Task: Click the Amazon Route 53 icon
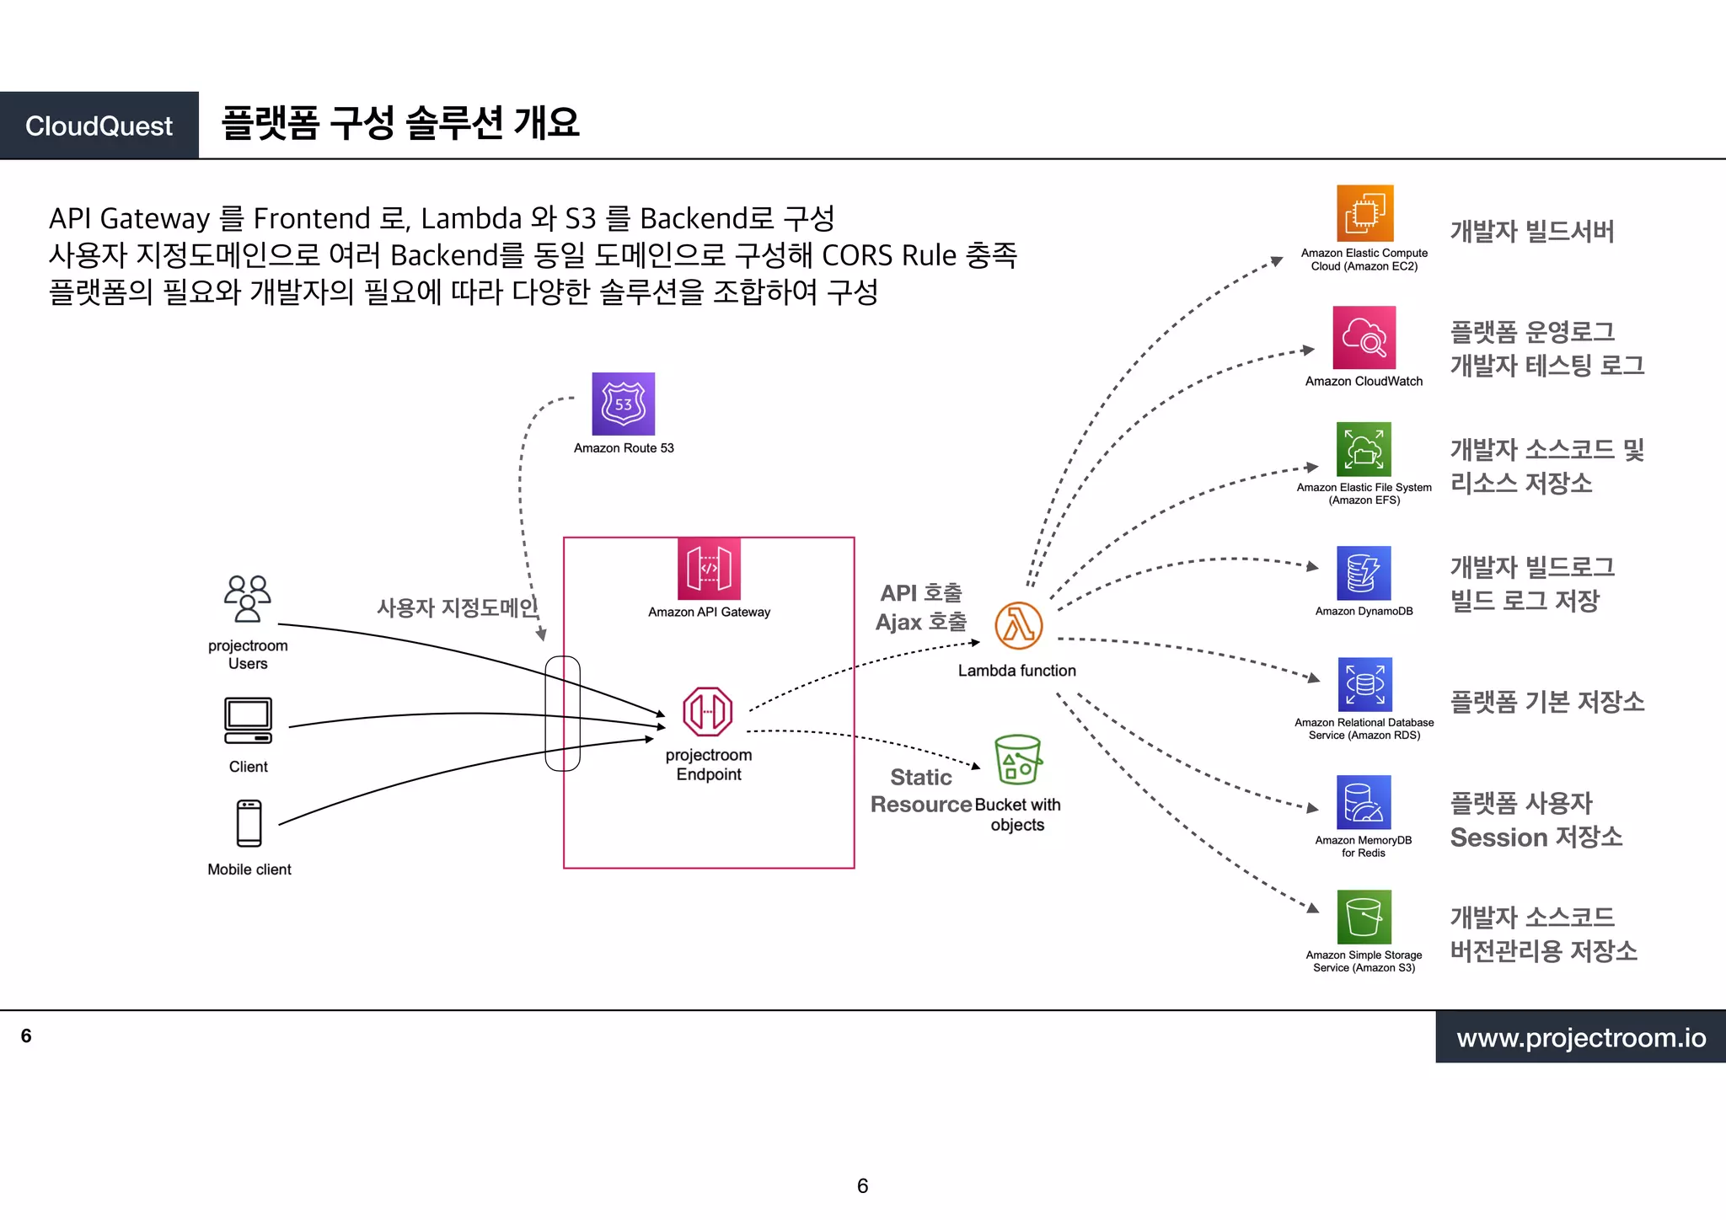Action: coord(623,404)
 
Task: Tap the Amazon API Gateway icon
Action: coord(709,569)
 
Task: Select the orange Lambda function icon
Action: coord(1018,626)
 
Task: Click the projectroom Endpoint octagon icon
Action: coord(707,712)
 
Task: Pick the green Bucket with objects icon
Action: coord(1017,760)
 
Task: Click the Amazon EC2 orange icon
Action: coord(1364,213)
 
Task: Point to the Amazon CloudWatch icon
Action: coord(1364,337)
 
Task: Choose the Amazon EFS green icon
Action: coord(1364,449)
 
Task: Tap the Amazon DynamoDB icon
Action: coord(1364,573)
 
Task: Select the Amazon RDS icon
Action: coord(1364,684)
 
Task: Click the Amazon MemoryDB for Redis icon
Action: coord(1364,802)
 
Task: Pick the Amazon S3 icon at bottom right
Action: coord(1364,917)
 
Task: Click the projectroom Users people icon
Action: coord(247,598)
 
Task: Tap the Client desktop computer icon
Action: coord(248,720)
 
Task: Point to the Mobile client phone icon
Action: coord(249,823)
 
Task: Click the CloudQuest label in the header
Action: coord(99,126)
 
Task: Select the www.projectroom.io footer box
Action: coord(1580,1037)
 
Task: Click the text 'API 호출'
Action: coord(920,593)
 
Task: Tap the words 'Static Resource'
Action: coord(920,790)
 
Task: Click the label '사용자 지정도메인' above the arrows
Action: coord(457,607)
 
